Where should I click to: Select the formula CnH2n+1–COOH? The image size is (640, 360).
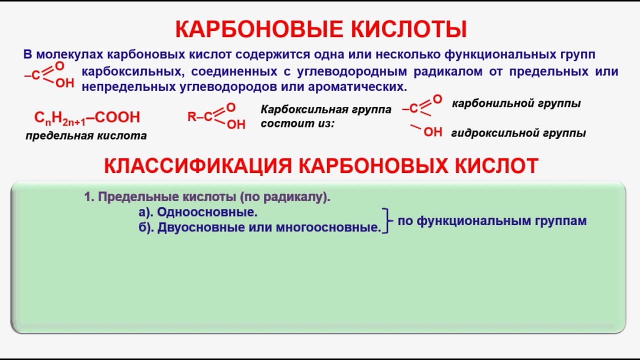point(87,118)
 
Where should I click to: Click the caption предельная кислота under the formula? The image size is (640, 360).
point(86,135)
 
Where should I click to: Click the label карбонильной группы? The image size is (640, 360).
point(516,103)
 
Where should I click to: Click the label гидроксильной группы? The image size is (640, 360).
point(518,133)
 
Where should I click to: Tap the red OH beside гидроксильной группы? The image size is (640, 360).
point(432,132)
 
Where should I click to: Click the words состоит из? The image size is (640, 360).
point(297,123)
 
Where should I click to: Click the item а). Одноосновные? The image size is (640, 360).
point(198,212)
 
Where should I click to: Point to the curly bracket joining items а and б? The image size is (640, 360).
point(386,220)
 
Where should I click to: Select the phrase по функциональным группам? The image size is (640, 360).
point(492,220)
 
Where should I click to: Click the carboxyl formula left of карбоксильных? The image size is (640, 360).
point(49,74)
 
